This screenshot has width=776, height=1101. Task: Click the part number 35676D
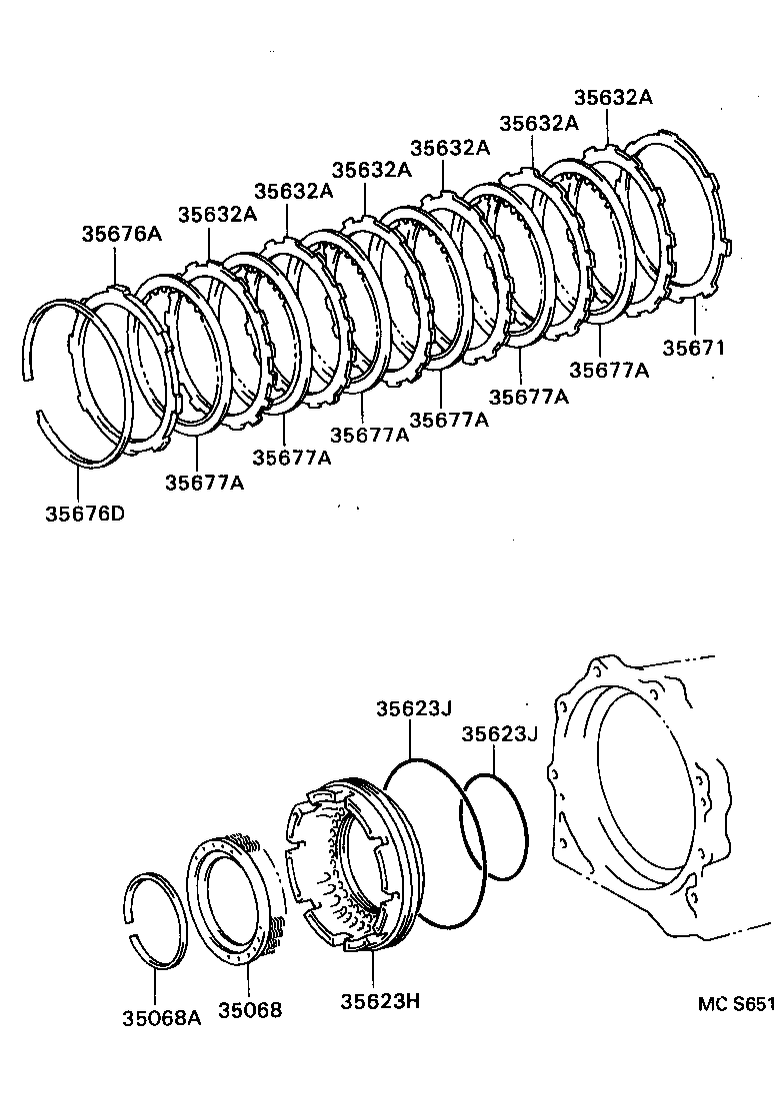coord(85,514)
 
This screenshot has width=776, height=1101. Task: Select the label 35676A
coord(122,234)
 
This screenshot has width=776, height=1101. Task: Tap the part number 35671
coord(694,348)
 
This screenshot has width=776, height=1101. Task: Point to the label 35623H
coord(380,1000)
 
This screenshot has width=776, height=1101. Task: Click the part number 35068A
coord(162,1018)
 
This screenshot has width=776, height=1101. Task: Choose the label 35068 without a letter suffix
coord(250,1010)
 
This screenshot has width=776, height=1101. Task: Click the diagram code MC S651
coord(736,1003)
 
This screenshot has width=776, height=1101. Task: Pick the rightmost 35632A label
coord(614,97)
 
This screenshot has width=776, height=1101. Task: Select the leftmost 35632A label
coord(217,214)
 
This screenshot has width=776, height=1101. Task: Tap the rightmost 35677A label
coord(609,370)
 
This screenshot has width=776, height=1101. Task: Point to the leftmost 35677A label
coord(205,484)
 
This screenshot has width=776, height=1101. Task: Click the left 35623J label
coord(413,708)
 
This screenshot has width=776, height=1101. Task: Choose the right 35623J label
coord(499,734)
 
